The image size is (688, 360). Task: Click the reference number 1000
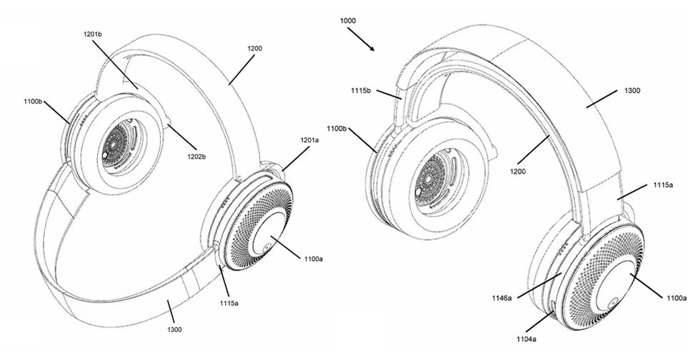point(349,21)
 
